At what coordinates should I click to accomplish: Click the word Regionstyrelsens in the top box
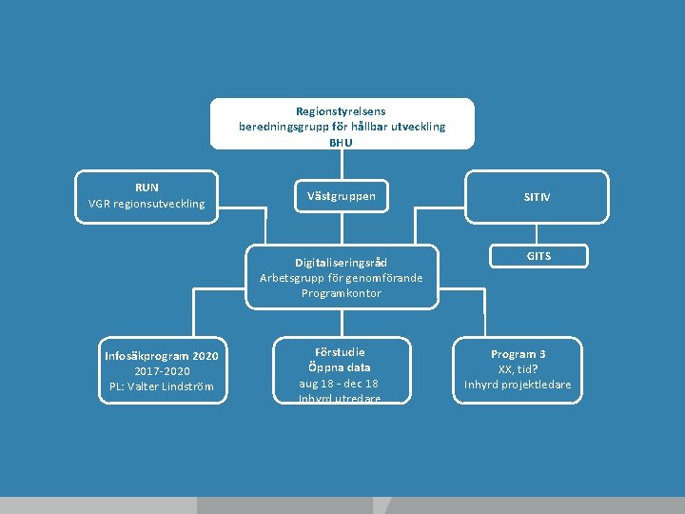(x=342, y=111)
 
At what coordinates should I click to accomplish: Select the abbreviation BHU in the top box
(x=341, y=142)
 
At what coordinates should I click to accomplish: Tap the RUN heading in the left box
(x=147, y=188)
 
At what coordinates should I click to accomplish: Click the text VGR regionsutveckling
(x=147, y=203)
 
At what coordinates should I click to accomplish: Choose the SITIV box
(x=537, y=197)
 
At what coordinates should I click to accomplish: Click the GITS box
(x=538, y=256)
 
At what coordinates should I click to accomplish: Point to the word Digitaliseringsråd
(x=341, y=263)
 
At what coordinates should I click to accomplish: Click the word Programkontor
(x=341, y=293)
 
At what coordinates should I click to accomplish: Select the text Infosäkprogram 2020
(x=162, y=356)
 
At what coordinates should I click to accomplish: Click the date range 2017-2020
(x=162, y=371)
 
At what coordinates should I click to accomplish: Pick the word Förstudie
(x=340, y=352)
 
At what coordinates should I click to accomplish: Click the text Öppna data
(x=340, y=367)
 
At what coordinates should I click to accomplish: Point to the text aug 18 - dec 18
(x=340, y=383)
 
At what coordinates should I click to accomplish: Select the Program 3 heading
(x=518, y=354)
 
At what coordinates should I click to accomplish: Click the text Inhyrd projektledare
(x=518, y=385)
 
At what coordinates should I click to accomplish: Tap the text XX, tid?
(x=518, y=369)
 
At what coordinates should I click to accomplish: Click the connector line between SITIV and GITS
(x=538, y=234)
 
